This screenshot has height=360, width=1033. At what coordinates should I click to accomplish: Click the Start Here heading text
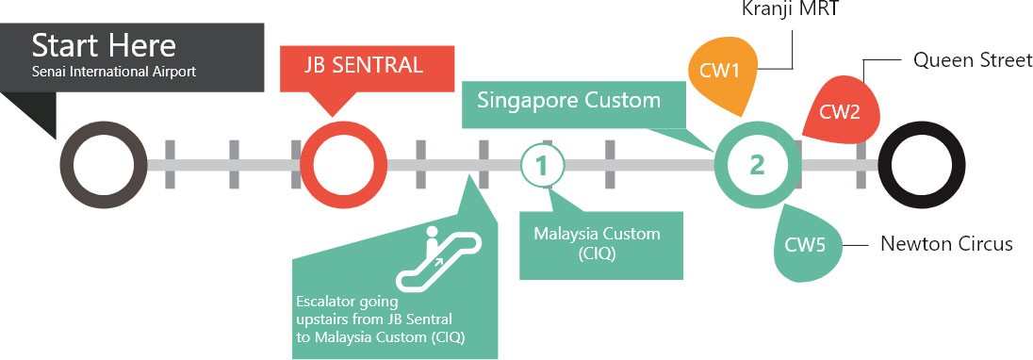(x=104, y=45)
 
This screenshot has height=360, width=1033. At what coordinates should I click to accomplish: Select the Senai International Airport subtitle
(x=114, y=72)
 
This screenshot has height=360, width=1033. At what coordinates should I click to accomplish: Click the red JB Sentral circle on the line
(x=350, y=164)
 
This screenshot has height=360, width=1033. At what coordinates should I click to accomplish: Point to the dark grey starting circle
(x=103, y=164)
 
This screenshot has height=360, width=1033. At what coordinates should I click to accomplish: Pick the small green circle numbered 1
(x=542, y=165)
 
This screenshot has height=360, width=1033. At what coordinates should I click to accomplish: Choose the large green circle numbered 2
(x=757, y=165)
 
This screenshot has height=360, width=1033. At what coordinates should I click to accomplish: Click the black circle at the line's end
(x=921, y=164)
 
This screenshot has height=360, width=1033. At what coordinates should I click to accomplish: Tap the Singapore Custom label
(x=568, y=100)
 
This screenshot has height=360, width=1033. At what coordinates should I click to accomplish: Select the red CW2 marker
(x=840, y=112)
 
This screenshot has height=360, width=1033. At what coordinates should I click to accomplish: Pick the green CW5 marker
(x=806, y=245)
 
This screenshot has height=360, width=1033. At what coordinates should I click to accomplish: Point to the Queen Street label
(x=972, y=60)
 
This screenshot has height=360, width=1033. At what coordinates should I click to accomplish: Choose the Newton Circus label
(x=946, y=244)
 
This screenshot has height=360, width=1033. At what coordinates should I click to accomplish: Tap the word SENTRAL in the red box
(x=388, y=66)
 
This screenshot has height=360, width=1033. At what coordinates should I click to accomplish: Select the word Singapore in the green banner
(x=526, y=100)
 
